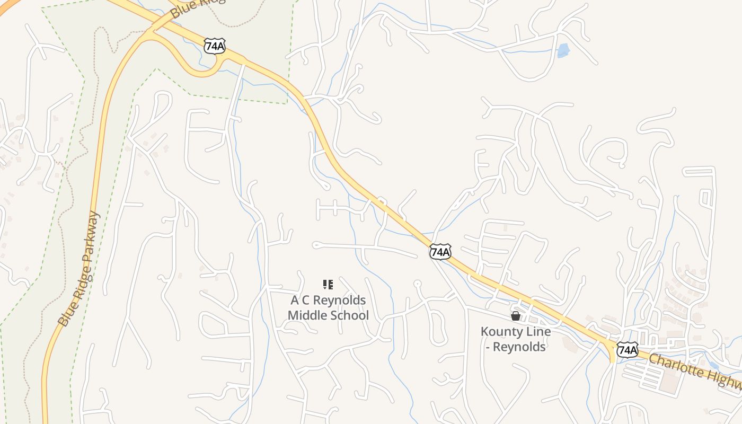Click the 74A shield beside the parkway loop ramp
coord(215,46)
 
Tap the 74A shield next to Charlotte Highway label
coord(627,349)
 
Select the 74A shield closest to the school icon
coord(440,252)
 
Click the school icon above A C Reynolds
coord(328,285)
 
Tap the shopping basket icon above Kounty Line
coord(515,316)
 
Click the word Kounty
coord(500,332)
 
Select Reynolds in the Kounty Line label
coord(519,347)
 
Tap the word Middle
coord(306,316)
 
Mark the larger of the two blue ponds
coord(563,50)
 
